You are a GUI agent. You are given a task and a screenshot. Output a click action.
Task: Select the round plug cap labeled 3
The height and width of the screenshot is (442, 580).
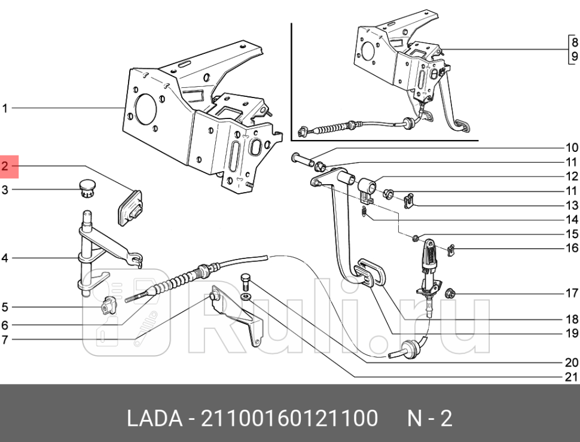(88, 187)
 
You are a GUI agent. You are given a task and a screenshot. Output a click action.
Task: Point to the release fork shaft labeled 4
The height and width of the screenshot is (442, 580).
(88, 251)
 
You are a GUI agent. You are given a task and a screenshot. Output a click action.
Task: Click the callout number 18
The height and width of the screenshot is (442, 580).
(571, 319)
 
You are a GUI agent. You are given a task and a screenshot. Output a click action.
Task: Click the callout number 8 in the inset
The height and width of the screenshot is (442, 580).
(574, 42)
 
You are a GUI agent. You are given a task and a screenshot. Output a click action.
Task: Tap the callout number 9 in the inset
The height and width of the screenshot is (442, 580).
(574, 57)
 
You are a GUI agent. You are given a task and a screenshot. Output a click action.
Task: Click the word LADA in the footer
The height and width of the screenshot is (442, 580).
(154, 418)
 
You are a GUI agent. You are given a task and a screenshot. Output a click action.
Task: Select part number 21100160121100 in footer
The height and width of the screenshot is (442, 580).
(290, 418)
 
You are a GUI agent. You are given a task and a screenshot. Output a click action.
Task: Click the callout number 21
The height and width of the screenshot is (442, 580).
(571, 377)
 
